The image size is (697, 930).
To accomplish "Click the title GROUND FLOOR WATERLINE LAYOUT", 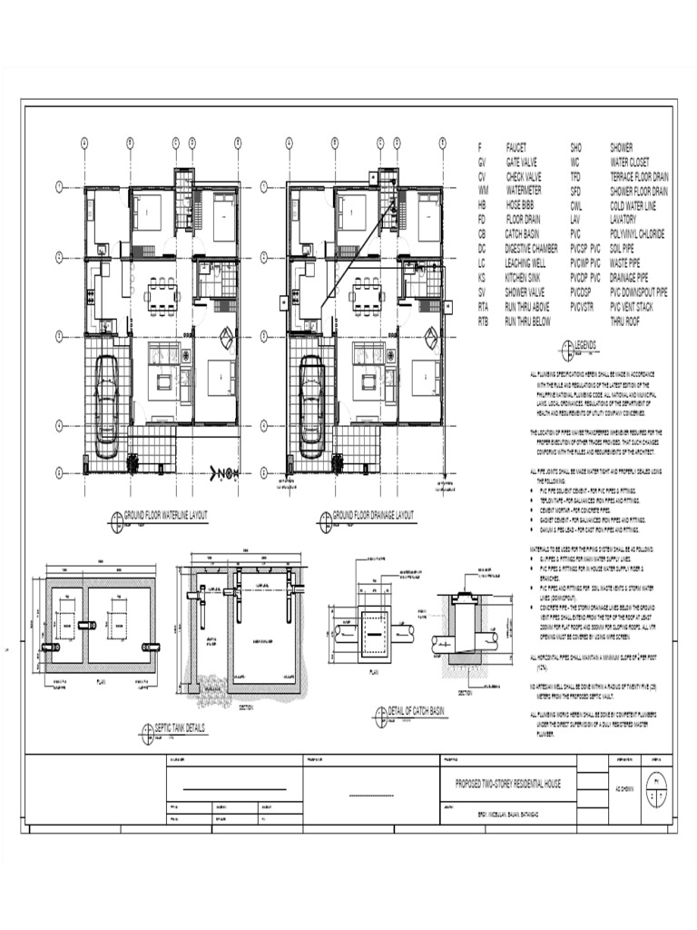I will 165,515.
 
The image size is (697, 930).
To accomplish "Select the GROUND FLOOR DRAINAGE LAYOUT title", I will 373,515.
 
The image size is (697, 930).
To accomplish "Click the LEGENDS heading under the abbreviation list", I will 583,346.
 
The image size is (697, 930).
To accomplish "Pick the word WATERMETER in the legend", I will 524,191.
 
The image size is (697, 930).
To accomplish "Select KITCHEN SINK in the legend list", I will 528,277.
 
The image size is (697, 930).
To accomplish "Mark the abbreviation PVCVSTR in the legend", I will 582,307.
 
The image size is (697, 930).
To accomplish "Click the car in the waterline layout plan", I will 106,398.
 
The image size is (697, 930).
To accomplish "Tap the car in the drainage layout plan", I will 311,398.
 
